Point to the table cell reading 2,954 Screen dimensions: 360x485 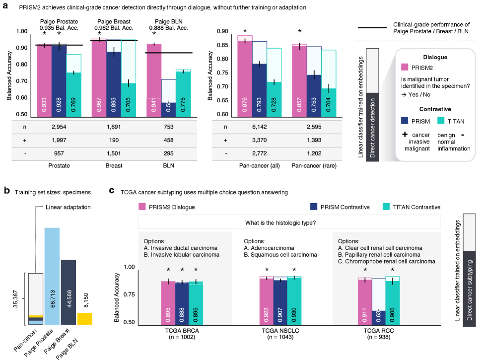click(x=59, y=127)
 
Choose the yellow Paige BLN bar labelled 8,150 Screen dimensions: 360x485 click(x=84, y=318)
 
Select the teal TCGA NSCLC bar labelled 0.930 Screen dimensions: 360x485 click(x=294, y=300)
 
